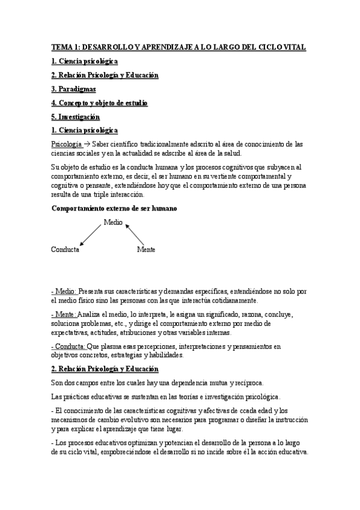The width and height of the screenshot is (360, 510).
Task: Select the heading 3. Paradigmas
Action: coord(73,89)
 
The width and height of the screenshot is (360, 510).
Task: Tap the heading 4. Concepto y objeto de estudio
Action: coord(99,103)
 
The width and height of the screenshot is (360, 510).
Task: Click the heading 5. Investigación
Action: coord(75,117)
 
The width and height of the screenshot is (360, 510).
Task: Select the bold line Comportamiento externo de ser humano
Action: coord(114,208)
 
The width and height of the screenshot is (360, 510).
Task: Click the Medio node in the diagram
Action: coord(113,222)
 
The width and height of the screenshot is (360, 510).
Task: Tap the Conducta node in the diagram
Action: coord(65,249)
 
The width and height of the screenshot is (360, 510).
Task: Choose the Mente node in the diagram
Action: coord(146,249)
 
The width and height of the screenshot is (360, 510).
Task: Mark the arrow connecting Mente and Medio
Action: coord(135,235)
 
